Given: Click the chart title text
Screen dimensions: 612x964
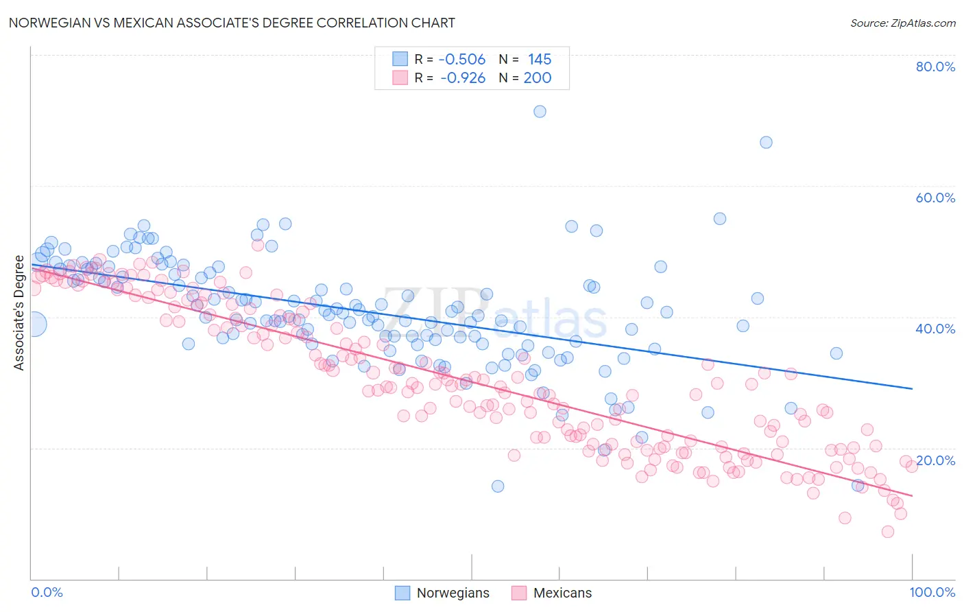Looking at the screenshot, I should pos(232,23).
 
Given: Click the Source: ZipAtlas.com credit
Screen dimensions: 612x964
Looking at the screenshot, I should pos(902,23).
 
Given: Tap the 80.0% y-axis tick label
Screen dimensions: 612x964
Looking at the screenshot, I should pos(935,67).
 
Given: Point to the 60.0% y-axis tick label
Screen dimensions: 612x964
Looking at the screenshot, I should pos(935,198).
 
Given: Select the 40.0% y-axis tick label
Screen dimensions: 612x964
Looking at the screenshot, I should pos(935,329).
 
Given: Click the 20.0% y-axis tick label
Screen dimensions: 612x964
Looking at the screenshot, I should pos(935,460).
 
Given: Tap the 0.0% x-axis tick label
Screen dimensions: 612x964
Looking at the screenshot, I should pos(47,592).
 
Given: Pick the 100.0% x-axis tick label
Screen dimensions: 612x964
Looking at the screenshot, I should pos(932,592).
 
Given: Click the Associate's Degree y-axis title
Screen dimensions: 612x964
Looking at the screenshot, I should pos(19,313).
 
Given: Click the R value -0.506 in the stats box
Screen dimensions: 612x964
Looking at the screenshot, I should pos(461,59).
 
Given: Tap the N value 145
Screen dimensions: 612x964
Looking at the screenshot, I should pos(539,59).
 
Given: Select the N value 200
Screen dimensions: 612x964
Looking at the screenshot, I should pos(537,78).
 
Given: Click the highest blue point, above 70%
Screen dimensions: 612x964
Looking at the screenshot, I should pos(540,111).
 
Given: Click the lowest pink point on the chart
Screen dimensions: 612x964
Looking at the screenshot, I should pos(887,532).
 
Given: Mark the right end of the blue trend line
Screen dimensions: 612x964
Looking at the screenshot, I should pos(912,388).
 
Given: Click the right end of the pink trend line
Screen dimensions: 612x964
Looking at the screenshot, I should pos(912,495).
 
